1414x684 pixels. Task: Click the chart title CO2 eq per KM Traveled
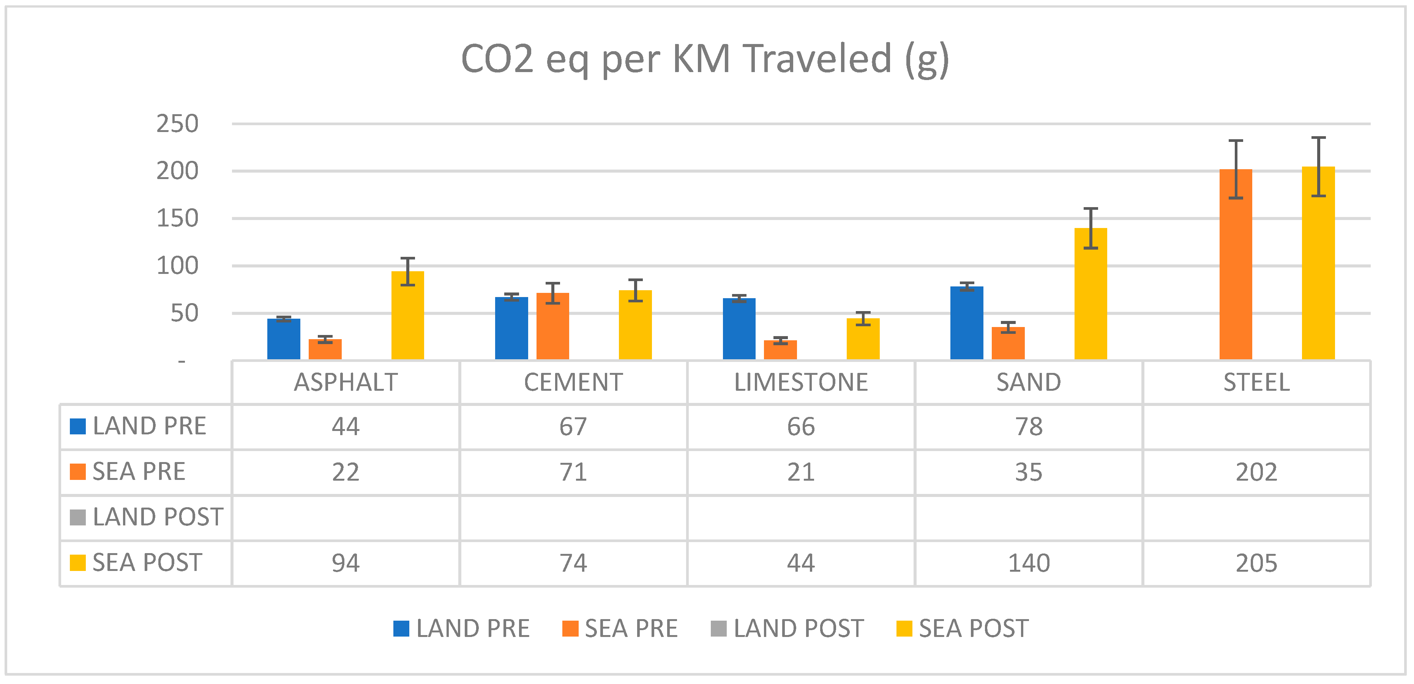click(x=705, y=59)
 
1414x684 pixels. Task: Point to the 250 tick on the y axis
click(x=177, y=124)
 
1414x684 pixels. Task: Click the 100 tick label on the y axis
click(x=177, y=266)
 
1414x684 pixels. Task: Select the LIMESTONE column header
click(x=801, y=382)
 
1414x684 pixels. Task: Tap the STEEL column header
click(x=1256, y=382)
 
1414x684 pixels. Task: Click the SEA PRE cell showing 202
click(x=1256, y=472)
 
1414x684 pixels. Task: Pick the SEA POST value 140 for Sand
click(x=1029, y=563)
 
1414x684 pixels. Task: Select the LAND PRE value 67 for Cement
click(x=573, y=427)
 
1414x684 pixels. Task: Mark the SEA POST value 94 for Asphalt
click(x=345, y=563)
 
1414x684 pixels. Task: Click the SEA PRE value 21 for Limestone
click(x=801, y=472)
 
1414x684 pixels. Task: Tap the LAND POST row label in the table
click(x=158, y=517)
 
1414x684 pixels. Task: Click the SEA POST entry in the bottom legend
click(x=973, y=629)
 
